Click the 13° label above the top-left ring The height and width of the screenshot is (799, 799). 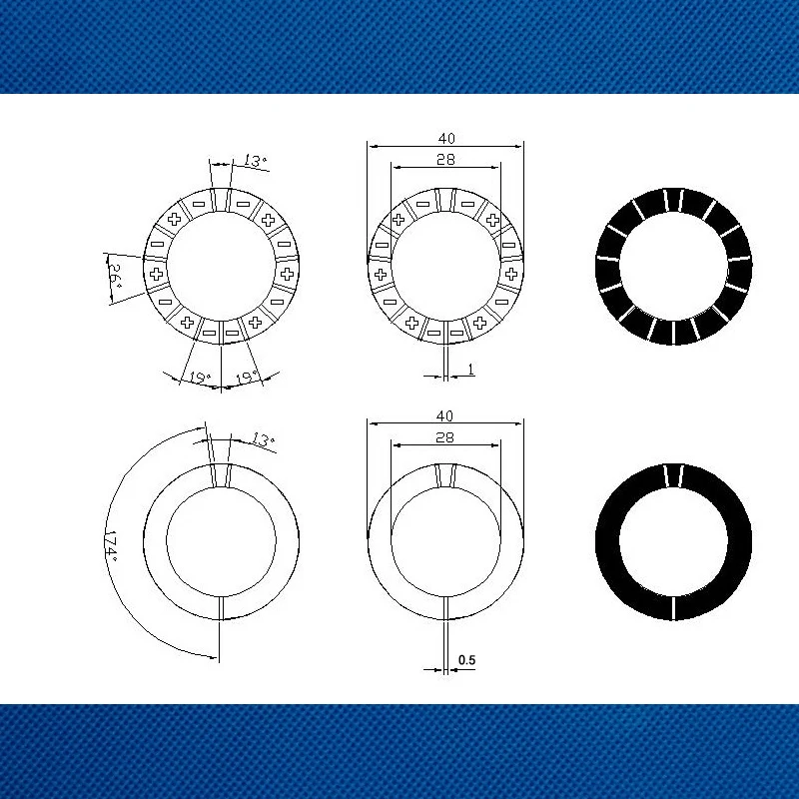pyautogui.click(x=255, y=161)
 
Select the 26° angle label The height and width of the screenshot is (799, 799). pyautogui.click(x=116, y=276)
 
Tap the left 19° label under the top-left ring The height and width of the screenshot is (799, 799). pyautogui.click(x=199, y=378)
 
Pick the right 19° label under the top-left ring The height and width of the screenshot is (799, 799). pyautogui.click(x=247, y=378)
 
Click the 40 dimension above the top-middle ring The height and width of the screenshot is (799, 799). pyautogui.click(x=446, y=138)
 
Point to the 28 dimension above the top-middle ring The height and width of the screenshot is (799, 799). pyautogui.click(x=445, y=160)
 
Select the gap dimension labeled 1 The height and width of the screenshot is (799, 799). pyautogui.click(x=470, y=369)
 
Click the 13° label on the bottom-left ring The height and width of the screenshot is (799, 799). pyautogui.click(x=263, y=439)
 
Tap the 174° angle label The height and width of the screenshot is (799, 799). pyautogui.click(x=111, y=547)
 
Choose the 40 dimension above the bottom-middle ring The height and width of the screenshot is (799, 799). pyautogui.click(x=444, y=415)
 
